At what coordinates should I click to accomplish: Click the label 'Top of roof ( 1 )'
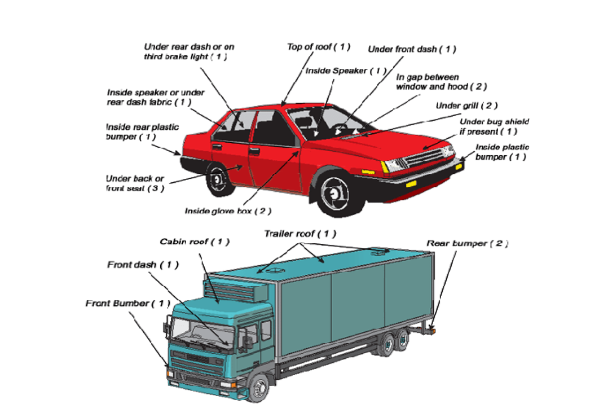[x=319, y=47]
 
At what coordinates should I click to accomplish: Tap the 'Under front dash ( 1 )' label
[x=412, y=50]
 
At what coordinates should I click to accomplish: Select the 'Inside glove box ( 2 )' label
[x=228, y=211]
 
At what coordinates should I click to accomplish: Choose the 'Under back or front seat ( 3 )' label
[x=135, y=183]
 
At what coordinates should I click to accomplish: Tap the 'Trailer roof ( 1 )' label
[x=300, y=234]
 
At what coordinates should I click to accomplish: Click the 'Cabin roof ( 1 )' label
[x=195, y=242]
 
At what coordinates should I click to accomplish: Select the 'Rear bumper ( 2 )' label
[x=468, y=243]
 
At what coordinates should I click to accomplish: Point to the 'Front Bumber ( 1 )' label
[x=128, y=304]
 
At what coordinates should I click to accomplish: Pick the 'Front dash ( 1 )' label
[x=143, y=265]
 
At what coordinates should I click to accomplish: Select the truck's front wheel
[x=259, y=388]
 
